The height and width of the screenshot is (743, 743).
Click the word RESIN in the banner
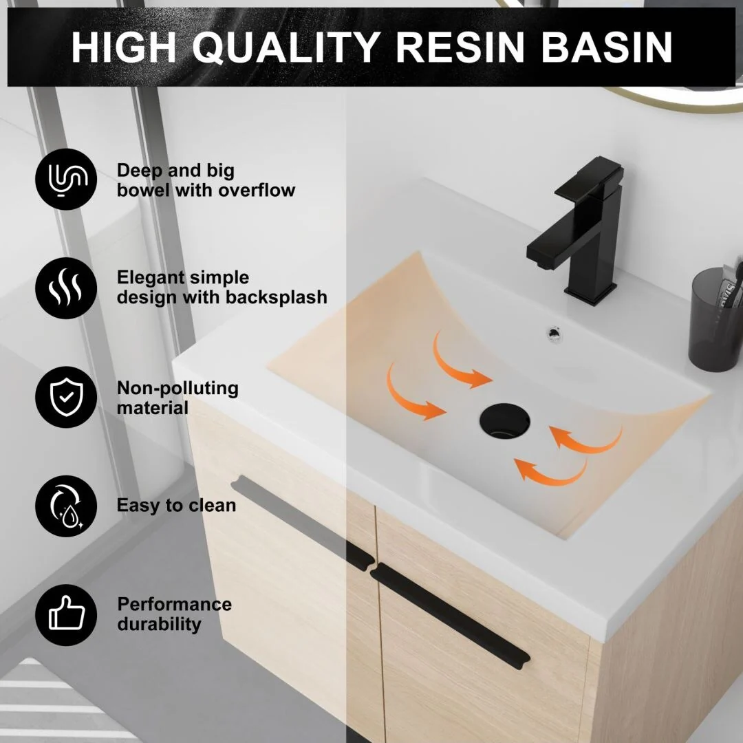460,47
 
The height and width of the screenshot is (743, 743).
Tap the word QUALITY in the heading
286,48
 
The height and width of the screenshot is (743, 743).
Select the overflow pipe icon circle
66,179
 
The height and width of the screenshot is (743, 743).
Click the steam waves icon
66,288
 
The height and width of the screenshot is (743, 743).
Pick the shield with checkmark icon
66,397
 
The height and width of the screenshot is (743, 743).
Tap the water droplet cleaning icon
66,506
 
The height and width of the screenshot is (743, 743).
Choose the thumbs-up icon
66,615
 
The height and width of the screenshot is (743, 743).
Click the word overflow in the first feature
257,190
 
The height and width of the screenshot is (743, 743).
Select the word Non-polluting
177,389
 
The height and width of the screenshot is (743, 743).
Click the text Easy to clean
176,505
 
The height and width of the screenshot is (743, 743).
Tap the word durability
159,624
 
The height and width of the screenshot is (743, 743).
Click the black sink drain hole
504,421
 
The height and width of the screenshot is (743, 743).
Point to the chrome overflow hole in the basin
553,333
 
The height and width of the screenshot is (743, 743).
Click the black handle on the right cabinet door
449,616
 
